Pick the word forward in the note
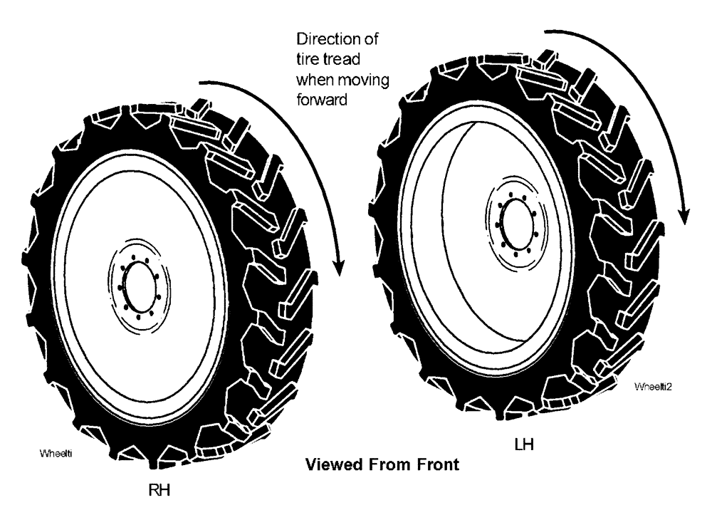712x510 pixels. [323, 99]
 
